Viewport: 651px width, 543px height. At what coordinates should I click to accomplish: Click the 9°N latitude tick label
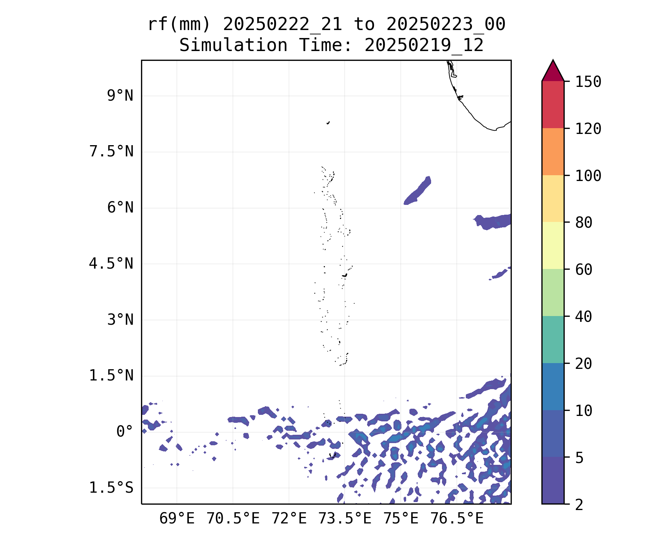(120, 96)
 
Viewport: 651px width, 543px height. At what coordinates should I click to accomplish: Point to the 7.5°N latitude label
(111, 152)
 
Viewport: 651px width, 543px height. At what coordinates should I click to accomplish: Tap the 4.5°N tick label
(111, 264)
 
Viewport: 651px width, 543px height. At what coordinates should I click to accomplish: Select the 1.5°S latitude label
(111, 488)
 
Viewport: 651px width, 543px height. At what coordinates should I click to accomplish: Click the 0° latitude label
(125, 432)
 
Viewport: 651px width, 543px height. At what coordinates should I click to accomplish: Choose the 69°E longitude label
(177, 519)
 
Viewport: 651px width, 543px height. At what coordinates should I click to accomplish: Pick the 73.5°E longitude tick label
(345, 519)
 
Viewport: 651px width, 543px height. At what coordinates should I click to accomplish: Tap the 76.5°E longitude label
(456, 519)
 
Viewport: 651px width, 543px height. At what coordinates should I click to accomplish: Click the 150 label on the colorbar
(588, 82)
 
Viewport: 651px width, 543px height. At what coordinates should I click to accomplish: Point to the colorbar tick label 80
(584, 223)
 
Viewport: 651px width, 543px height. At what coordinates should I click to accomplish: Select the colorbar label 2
(579, 505)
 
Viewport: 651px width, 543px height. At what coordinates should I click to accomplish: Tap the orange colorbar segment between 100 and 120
(553, 152)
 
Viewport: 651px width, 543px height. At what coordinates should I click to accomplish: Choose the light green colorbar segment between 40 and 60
(553, 292)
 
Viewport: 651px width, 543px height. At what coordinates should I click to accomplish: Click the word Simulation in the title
(233, 46)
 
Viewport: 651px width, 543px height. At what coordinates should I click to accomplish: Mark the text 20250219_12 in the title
(424, 46)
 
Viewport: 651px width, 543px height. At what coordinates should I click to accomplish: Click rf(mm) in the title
(179, 25)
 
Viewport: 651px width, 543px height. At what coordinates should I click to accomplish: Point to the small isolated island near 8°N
(328, 123)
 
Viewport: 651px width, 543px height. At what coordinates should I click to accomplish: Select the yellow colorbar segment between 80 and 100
(553, 198)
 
